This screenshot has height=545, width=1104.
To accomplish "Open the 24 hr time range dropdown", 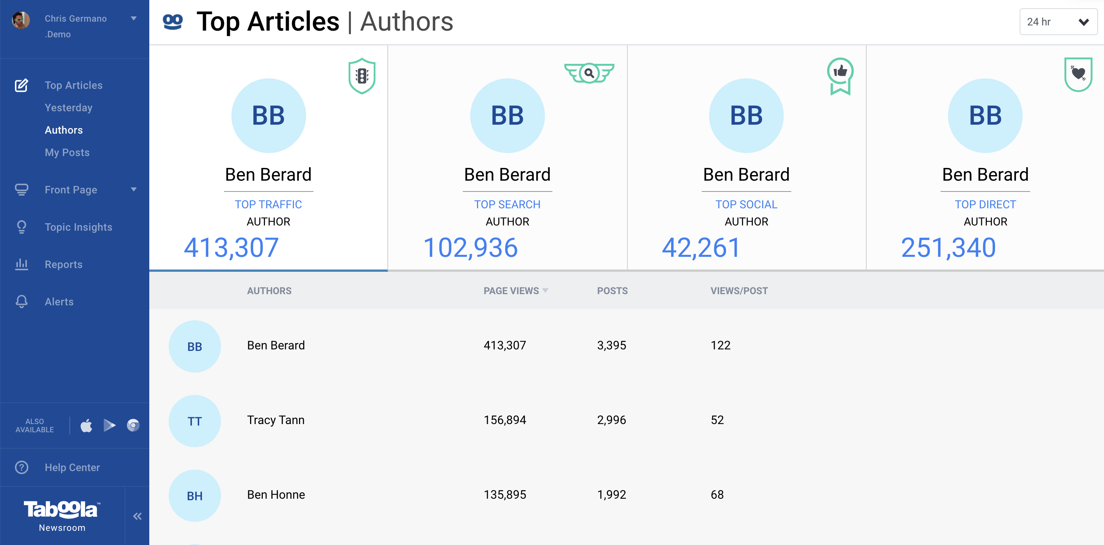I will pos(1057,22).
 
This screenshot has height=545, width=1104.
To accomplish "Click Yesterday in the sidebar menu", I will pos(69,108).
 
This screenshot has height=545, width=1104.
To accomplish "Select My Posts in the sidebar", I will pos(67,153).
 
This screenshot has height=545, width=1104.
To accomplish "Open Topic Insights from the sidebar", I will pos(78,227).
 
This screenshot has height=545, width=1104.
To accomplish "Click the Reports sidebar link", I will pos(63,265).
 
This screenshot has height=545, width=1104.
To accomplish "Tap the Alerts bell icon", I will pos(21,302).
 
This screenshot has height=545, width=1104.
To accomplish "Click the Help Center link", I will pos(72,467).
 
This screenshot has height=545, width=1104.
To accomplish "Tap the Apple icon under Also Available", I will pos(87,426).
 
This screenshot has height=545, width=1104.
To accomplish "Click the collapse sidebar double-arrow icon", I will pos(137,516).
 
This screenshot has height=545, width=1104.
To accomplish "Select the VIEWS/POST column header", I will pos(739,291).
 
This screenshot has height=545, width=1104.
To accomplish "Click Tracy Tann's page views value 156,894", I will pos(505,420).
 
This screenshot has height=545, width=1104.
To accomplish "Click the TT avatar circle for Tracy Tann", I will pos(194,421).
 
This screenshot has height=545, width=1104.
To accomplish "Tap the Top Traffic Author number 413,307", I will pos(231,248).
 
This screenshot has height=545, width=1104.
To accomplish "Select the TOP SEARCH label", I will pos(507,205).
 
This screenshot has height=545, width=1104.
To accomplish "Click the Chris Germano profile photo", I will pos(21,20).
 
